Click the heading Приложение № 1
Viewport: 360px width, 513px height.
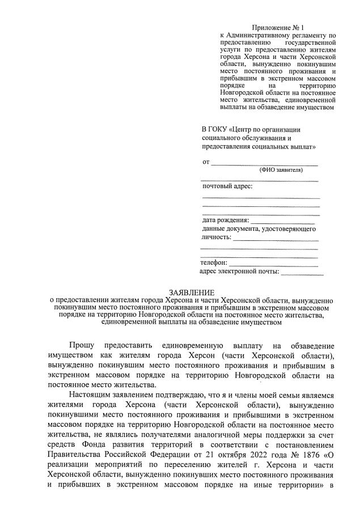pos(278,27)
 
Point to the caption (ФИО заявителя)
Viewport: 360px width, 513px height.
pos(281,169)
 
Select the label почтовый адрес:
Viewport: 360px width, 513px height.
pos(227,186)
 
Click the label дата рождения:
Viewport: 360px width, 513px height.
pos(225,220)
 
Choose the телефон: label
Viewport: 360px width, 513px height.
pos(214,262)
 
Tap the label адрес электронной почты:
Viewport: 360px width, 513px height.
pos(240,272)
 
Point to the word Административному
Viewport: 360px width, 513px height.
pos(257,35)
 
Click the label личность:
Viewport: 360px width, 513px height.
pos(215,238)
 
